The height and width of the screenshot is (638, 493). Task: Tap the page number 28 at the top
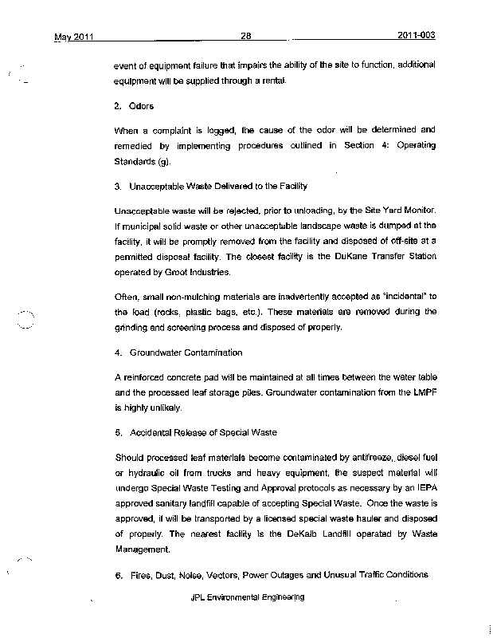246,36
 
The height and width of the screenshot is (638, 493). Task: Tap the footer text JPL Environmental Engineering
248,597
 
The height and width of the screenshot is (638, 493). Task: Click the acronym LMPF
421,392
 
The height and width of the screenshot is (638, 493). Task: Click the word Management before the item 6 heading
143,549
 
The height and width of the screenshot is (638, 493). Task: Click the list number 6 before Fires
117,575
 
